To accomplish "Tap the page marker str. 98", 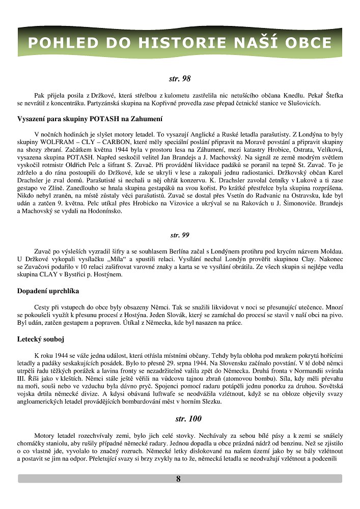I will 180,79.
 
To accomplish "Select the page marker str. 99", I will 180,235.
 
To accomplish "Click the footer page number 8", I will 178,478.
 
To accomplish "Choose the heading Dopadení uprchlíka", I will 48,291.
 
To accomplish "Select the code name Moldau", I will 326,251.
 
